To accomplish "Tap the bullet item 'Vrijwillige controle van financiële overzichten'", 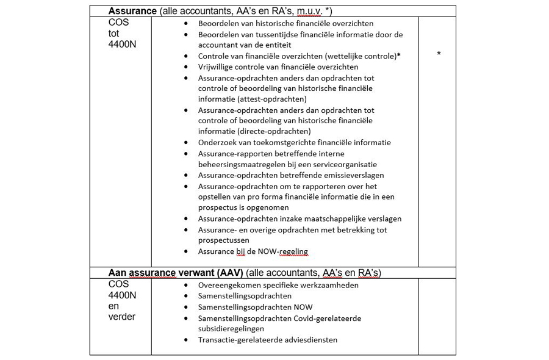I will tap(278, 67).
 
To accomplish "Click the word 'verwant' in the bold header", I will tap(189, 272).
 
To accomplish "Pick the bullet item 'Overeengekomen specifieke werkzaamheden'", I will tap(278, 285).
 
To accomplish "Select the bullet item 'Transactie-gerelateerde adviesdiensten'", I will tap(267, 340).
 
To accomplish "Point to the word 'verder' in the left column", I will tap(122, 317).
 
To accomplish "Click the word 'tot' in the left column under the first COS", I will tap(114, 34).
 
